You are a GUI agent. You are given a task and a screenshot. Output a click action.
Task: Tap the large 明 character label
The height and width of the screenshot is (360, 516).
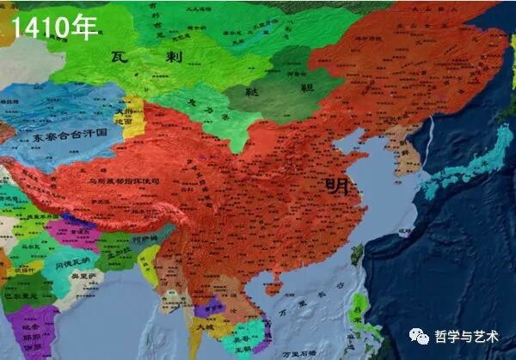click(x=338, y=184)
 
